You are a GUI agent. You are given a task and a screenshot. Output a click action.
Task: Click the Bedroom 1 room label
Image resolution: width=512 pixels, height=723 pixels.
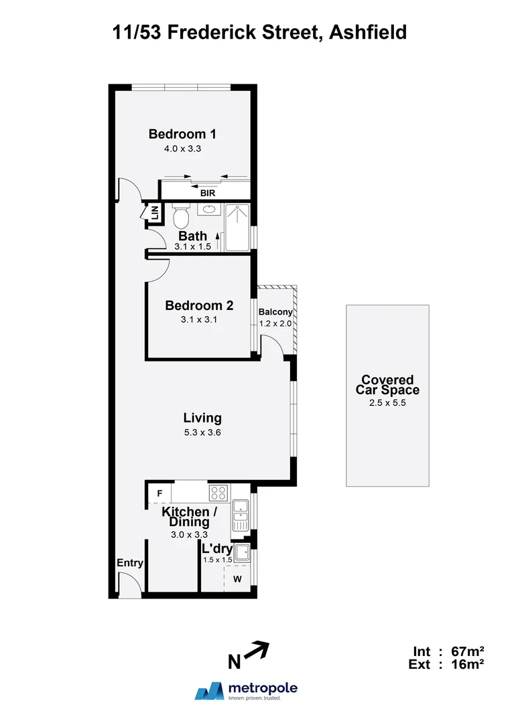(182, 134)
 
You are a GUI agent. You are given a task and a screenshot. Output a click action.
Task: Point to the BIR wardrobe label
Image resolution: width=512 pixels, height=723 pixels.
(207, 193)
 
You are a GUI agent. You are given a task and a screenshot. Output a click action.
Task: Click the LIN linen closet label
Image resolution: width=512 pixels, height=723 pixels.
(154, 214)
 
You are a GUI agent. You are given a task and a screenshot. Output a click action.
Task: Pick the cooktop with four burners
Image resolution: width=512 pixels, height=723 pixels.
(218, 493)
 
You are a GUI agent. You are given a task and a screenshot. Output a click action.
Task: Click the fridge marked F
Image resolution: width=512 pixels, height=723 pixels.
(159, 494)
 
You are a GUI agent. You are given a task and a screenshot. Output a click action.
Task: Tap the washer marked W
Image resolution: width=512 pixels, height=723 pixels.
(237, 579)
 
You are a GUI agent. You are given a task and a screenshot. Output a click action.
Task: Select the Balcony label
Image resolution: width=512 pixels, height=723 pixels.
(275, 312)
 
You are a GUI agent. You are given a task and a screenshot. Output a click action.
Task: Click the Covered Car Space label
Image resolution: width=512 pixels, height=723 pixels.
(387, 385)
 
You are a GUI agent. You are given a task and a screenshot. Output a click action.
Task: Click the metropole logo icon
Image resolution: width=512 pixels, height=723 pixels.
(208, 691)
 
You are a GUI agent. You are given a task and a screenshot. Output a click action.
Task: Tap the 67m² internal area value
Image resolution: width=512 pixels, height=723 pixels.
(467, 651)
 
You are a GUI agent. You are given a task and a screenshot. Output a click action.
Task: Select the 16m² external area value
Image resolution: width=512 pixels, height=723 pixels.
(467, 664)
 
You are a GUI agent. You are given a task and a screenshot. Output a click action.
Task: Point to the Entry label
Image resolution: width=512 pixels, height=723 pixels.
(130, 563)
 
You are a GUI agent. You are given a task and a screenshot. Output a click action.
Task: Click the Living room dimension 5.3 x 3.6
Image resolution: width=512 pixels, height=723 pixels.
(202, 432)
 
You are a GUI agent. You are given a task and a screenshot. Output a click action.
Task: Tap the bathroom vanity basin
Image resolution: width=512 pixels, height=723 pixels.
(208, 208)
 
